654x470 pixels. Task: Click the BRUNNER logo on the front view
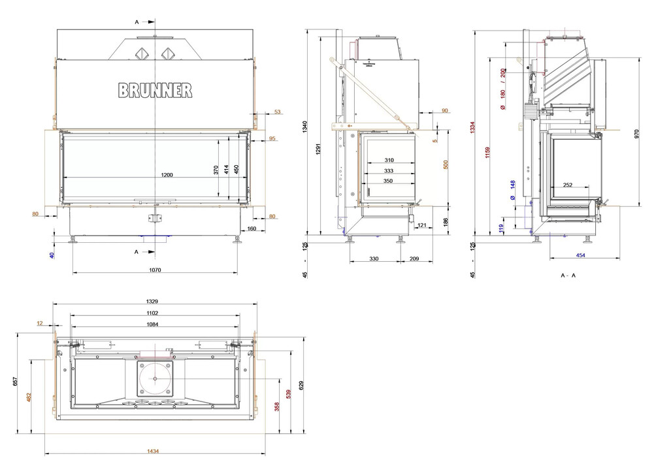coord(155,90)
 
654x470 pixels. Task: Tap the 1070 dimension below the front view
coord(155,269)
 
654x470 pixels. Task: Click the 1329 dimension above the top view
coord(155,302)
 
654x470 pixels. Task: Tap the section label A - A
coord(568,275)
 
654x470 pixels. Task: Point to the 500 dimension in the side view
coord(446,164)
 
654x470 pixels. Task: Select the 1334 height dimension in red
coord(472,129)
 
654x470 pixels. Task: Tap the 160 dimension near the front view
coord(252,229)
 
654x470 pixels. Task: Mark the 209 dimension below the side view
coord(414,259)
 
